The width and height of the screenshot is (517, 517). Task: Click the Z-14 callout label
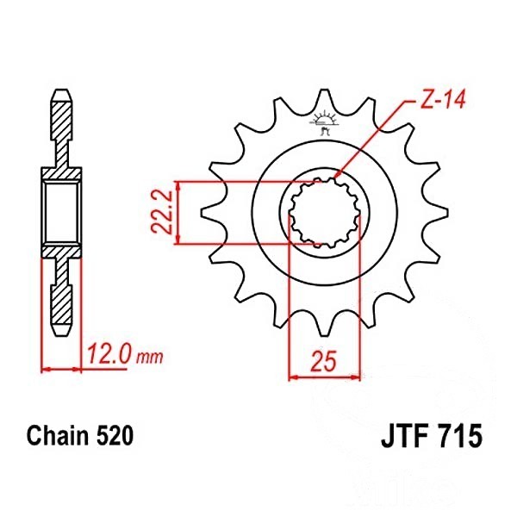pos(441,99)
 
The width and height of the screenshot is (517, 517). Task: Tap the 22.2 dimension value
pos(162,212)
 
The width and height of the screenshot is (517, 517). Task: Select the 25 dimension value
pos(324,361)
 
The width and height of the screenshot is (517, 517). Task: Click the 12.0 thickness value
pos(107,353)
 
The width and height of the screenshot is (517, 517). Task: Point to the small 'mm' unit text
pos(150,357)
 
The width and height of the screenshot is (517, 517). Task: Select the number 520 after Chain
pos(115,435)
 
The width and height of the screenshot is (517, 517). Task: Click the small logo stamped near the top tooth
pos(323,122)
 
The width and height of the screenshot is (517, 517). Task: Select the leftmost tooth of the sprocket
pos(212,212)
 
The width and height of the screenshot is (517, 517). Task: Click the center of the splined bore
pos(325,213)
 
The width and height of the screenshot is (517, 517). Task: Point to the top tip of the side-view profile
pos(63,90)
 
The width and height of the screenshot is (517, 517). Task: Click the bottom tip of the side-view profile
pos(63,335)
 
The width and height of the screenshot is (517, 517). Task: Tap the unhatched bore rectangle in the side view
pos(62,213)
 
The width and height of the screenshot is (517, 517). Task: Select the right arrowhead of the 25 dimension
pos(356,377)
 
